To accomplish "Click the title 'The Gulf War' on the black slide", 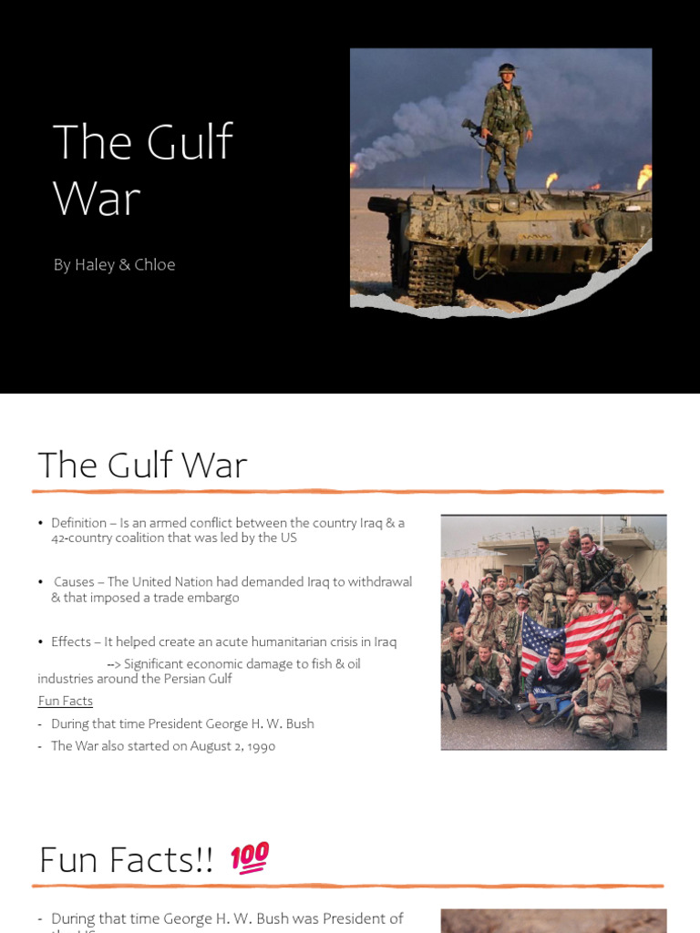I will point(142,169).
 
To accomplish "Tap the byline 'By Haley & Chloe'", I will point(114,265).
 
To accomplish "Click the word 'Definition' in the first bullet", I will point(77,523).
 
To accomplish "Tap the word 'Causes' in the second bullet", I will point(74,582).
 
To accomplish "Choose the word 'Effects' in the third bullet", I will point(72,642).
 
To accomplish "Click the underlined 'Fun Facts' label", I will point(65,701).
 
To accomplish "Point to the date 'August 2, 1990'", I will point(234,746).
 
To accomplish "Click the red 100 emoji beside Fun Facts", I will point(249,857).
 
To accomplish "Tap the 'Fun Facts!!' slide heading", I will point(126,859).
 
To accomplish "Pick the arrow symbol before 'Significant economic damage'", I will point(113,664).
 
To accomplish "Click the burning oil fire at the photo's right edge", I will point(643,175).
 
